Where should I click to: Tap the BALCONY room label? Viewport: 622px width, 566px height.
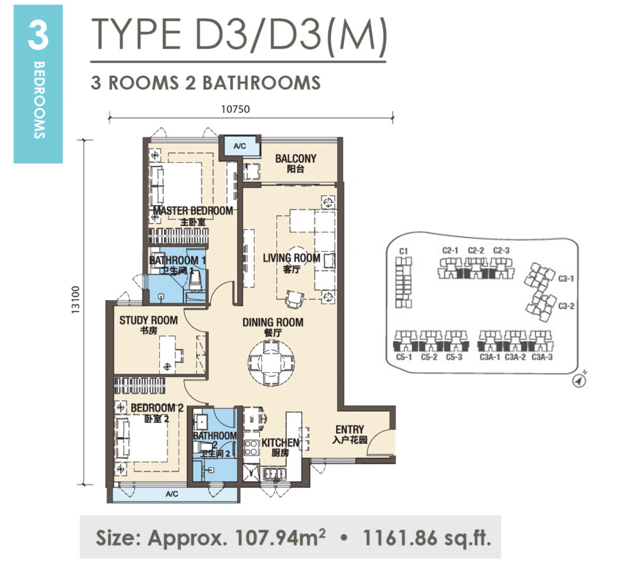(296, 159)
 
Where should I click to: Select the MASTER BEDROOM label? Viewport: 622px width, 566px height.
(193, 211)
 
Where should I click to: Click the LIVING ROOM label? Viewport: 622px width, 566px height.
(291, 258)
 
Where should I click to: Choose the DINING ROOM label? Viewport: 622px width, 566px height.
(273, 322)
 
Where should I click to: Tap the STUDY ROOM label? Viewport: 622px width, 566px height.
(148, 320)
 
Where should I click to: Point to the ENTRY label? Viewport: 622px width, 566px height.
(350, 430)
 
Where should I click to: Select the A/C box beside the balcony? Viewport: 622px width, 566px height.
(239, 146)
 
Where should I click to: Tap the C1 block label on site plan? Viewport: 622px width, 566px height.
(402, 250)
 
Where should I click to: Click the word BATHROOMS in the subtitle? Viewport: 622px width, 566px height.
(261, 83)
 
